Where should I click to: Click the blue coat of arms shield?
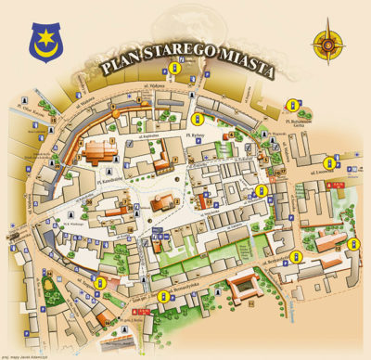tap(44, 38)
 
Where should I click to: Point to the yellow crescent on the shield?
tap(44, 43)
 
